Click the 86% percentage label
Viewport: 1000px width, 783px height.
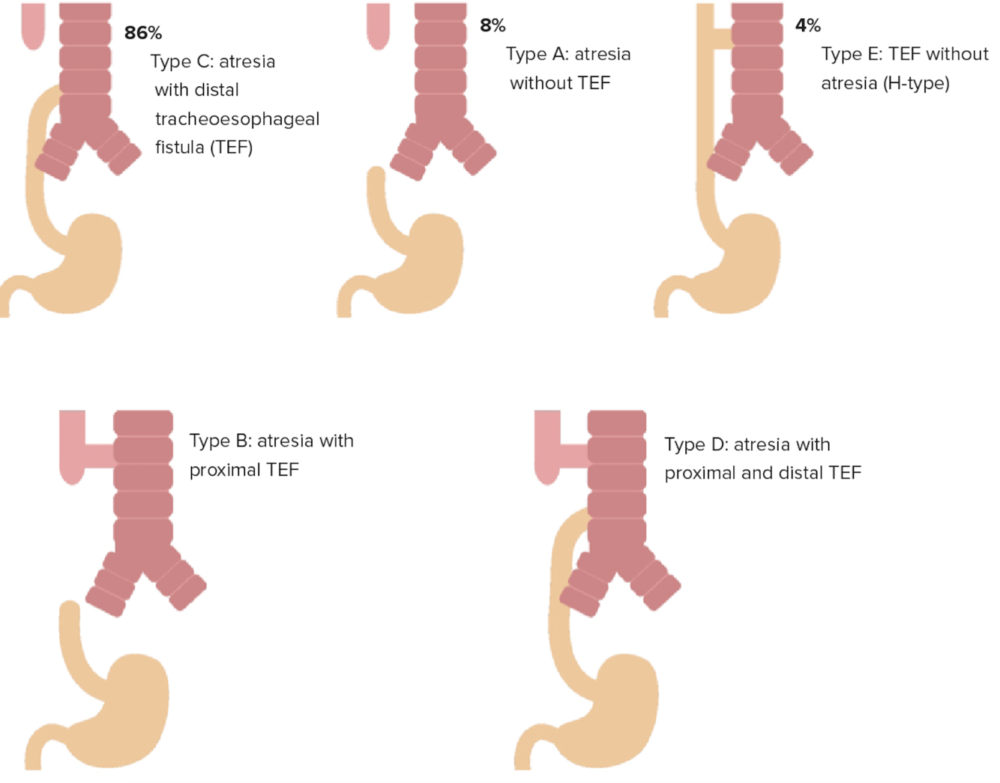click(142, 33)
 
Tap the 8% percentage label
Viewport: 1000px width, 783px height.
click(493, 25)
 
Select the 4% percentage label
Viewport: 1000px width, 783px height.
click(807, 25)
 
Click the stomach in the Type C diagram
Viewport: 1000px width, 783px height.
click(86, 262)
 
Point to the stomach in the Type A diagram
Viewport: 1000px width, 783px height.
click(427, 262)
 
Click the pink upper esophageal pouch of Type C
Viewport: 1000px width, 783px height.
click(33, 26)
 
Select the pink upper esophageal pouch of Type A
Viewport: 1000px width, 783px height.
click(378, 26)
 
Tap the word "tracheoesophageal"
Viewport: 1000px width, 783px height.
click(237, 119)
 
